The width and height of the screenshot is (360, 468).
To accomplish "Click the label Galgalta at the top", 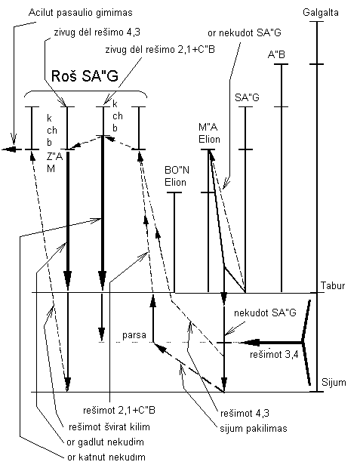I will (x=319, y=13).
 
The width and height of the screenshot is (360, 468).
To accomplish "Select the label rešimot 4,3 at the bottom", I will (x=244, y=414).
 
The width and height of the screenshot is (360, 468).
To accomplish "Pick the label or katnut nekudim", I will (x=107, y=457).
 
